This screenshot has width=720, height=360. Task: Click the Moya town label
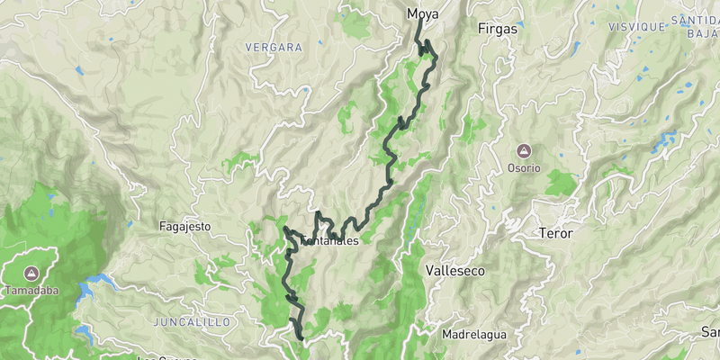coord(423,13)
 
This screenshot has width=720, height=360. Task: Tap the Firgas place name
coord(499,29)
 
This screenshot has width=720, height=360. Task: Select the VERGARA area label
coord(274,47)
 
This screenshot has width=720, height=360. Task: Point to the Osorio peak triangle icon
coord(523,151)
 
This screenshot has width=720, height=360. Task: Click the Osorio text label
coord(523,167)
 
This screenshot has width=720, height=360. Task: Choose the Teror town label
coord(555,233)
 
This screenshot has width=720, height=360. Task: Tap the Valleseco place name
coord(454,270)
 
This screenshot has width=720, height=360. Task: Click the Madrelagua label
coord(474,335)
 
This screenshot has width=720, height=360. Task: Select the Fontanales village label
coord(329,241)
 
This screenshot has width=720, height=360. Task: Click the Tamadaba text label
coord(31,291)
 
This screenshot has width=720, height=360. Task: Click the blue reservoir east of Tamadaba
coord(94,286)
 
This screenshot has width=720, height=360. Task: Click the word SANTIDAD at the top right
coord(695,19)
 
